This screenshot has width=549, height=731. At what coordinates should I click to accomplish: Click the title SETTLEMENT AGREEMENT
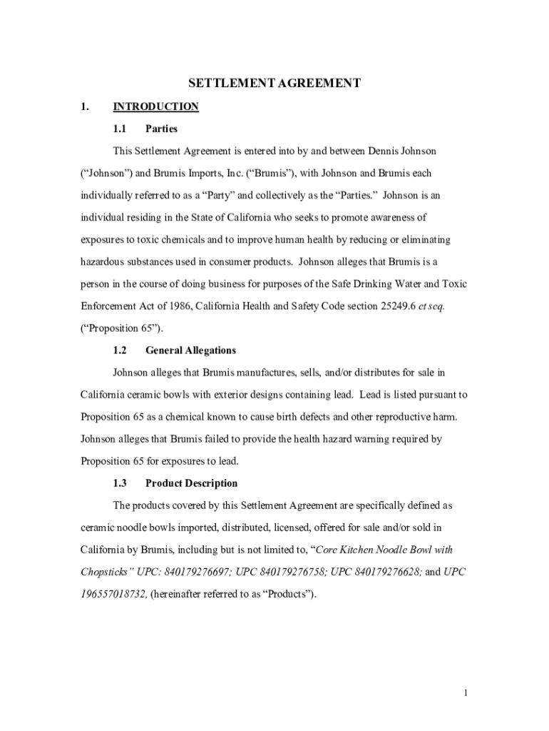[274, 84]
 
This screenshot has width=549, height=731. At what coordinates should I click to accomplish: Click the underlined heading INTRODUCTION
[155, 107]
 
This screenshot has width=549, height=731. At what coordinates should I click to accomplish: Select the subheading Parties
[161, 129]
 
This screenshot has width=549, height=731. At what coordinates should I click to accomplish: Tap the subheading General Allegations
[190, 351]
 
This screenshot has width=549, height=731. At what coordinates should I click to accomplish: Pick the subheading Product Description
[191, 483]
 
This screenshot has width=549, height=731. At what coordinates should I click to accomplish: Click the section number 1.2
[120, 351]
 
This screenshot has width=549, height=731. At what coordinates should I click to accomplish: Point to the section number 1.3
[120, 483]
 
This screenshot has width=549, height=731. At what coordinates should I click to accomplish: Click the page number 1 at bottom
[465, 692]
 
